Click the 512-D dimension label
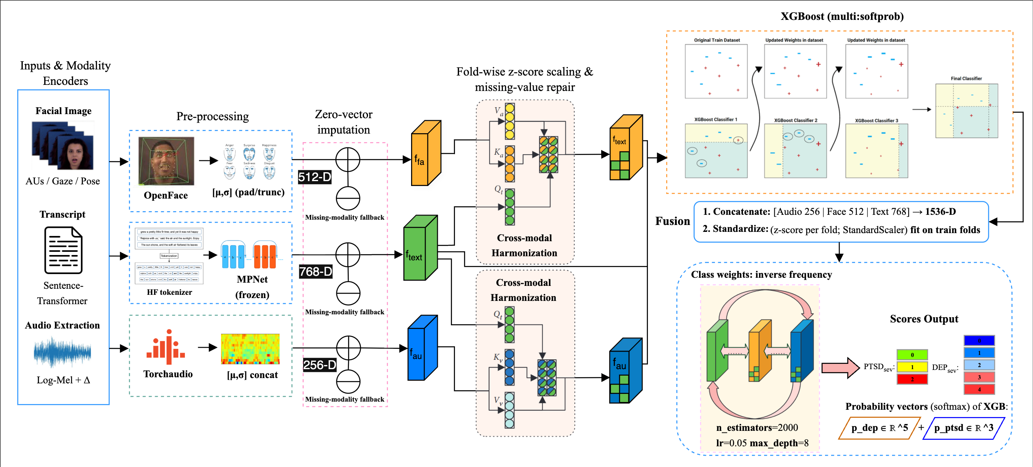tap(315, 177)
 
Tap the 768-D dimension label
tap(316, 272)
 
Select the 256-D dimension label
tap(320, 365)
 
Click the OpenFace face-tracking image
tap(166, 161)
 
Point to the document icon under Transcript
tap(63, 250)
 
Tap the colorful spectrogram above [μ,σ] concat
tap(250, 349)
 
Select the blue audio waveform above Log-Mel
tap(62, 352)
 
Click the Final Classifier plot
tap(966, 111)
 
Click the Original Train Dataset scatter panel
tap(716, 71)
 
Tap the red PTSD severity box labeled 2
tap(912, 379)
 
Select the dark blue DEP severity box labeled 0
tap(979, 340)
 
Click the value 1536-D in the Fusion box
tap(940, 212)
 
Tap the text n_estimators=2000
tap(757, 428)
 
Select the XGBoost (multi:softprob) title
tap(842, 16)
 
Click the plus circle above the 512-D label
tap(348, 160)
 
